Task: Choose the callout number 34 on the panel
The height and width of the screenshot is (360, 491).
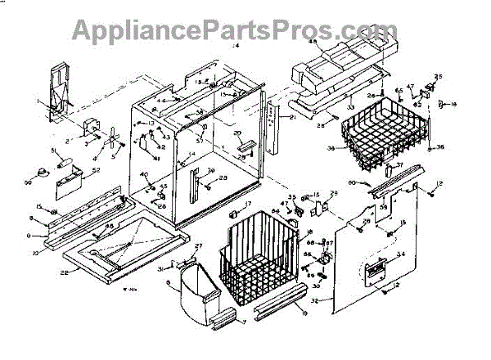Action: (400, 255)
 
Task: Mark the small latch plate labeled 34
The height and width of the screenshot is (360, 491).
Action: (377, 270)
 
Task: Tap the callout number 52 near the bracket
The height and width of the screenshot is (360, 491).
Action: (96, 170)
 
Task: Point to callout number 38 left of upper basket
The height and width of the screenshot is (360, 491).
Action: (331, 149)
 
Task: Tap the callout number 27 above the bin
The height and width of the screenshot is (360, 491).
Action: (197, 246)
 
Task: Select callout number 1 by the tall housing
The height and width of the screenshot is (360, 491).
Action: (37, 101)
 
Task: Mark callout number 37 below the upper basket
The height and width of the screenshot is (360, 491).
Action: (400, 164)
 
